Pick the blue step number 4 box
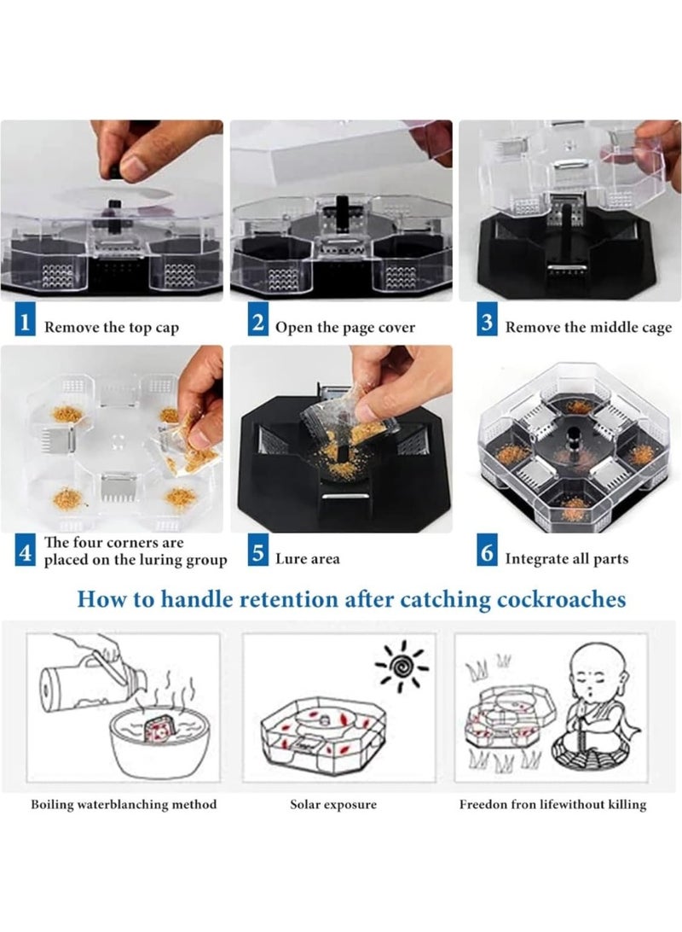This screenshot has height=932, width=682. [25, 551]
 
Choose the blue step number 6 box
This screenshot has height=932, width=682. [487, 550]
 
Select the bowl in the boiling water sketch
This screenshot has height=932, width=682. [159, 743]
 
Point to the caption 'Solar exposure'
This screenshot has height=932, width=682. [333, 804]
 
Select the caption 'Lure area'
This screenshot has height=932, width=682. [308, 559]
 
